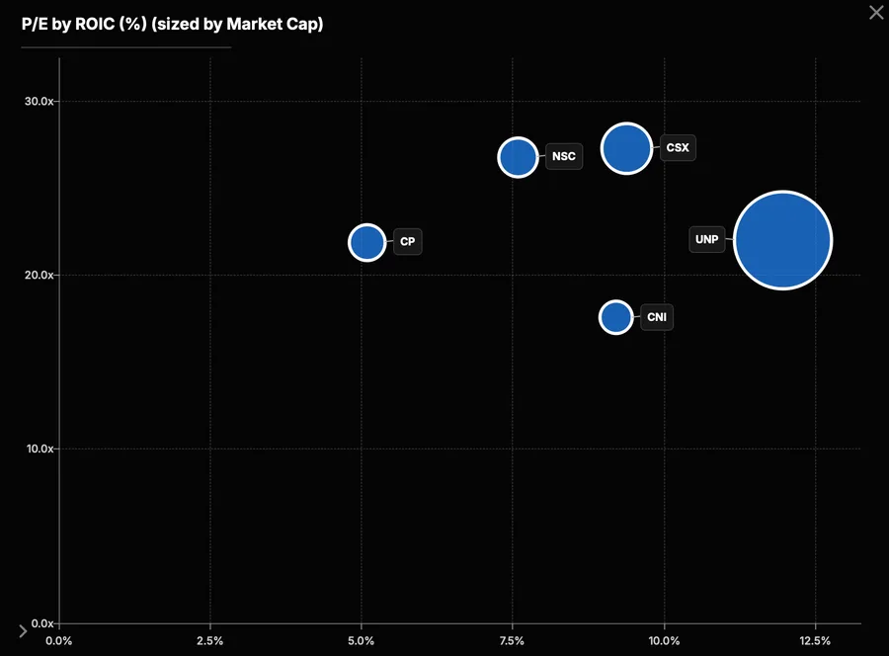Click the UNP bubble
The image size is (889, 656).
(x=783, y=240)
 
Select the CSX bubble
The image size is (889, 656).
(x=626, y=148)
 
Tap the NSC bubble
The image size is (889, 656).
(x=518, y=157)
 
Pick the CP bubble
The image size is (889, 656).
(x=367, y=243)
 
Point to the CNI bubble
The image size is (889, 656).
(x=615, y=317)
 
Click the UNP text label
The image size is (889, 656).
(x=706, y=239)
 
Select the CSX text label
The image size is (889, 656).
(x=678, y=148)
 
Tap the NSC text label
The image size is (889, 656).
(x=564, y=156)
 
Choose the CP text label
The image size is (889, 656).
(x=407, y=241)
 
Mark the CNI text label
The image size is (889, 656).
(x=657, y=317)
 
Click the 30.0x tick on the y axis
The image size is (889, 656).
(x=40, y=102)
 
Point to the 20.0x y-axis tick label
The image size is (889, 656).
(x=40, y=275)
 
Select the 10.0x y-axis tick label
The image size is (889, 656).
(x=40, y=449)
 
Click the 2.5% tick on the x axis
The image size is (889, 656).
(x=209, y=641)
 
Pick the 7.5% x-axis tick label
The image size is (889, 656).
(x=512, y=641)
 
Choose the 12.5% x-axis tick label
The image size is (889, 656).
(x=815, y=641)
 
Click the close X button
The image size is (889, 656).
(x=876, y=13)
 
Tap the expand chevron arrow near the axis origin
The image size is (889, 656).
(x=23, y=631)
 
